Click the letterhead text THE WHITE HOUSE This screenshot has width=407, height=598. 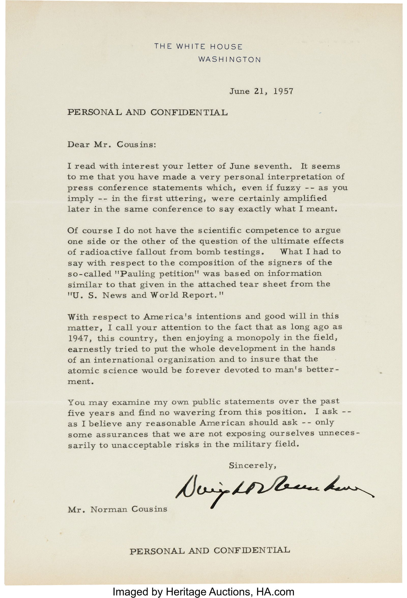click(198, 47)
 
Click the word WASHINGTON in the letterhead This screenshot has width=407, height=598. click(230, 60)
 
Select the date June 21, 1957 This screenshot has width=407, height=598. click(261, 92)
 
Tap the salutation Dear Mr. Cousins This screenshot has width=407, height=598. click(111, 144)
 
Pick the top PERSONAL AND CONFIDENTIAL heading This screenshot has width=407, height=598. click(147, 112)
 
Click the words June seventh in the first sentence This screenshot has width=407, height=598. click(260, 166)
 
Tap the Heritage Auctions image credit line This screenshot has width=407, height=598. click(203, 591)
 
